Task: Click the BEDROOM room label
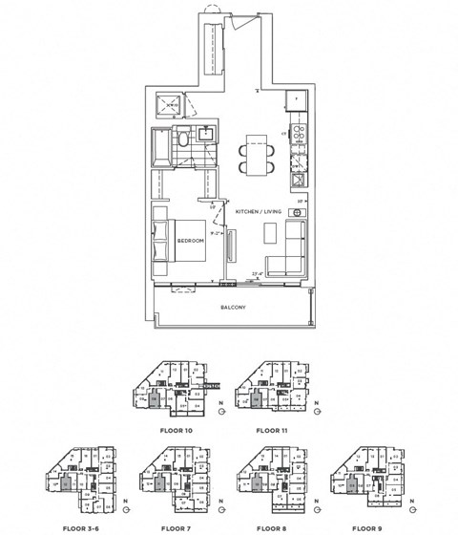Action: tap(191, 241)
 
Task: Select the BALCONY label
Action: tap(232, 307)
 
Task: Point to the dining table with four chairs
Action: tap(255, 156)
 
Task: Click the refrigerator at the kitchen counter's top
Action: tap(297, 99)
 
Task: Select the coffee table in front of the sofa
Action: tap(271, 233)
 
